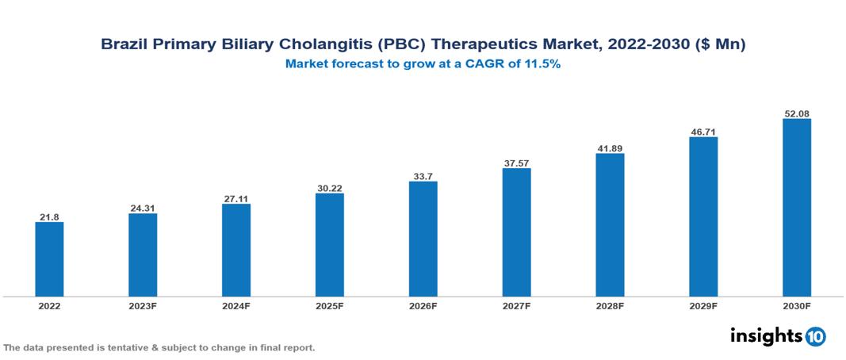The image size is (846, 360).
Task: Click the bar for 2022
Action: [49, 259]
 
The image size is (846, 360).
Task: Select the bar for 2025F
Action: [329, 244]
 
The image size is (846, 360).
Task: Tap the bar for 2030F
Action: [796, 208]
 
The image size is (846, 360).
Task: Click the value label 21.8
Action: [49, 216]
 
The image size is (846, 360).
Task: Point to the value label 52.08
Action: [796, 113]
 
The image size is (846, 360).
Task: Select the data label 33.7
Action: [423, 176]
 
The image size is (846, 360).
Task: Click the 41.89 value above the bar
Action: [610, 148]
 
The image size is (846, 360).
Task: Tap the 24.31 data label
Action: [143, 209]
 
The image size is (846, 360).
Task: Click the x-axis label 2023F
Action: [143, 305]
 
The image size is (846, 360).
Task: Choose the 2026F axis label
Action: [423, 305]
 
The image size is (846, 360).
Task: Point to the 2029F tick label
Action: [702, 305]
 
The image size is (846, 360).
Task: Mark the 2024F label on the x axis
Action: [236, 305]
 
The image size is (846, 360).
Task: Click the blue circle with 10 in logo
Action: [815, 336]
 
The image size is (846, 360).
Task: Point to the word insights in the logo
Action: [766, 335]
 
